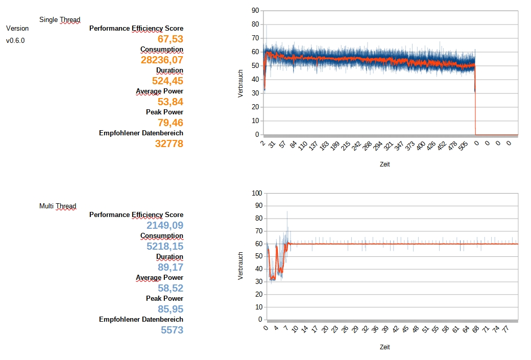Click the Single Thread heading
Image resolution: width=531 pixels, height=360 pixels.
(x=60, y=20)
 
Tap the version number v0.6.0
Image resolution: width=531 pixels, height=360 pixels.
(x=15, y=40)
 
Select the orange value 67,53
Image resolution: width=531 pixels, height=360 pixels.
(x=170, y=39)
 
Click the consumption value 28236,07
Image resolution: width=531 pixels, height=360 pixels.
(x=162, y=60)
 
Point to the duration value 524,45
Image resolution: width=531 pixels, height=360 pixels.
(x=167, y=81)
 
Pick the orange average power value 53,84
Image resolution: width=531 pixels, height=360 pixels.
(x=170, y=102)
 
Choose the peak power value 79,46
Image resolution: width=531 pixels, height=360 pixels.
(x=170, y=123)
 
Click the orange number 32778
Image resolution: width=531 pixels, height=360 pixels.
(x=169, y=143)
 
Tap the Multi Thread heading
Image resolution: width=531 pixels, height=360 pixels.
(x=58, y=206)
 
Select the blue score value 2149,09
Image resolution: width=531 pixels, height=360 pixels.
(x=164, y=225)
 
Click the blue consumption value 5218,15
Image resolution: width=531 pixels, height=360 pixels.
(x=164, y=246)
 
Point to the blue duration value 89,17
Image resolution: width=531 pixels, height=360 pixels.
(x=170, y=267)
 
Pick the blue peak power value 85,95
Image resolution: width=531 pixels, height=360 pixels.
(x=170, y=309)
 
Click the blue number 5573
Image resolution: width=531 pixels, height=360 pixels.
(x=172, y=330)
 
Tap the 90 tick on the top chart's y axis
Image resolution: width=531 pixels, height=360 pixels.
(x=255, y=10)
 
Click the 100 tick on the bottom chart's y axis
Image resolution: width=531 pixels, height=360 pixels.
(x=256, y=193)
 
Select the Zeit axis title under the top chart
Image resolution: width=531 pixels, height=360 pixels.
(x=385, y=164)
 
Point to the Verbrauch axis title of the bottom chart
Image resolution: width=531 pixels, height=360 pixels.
(x=241, y=266)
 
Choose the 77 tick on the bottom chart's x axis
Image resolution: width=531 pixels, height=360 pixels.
(x=505, y=329)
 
